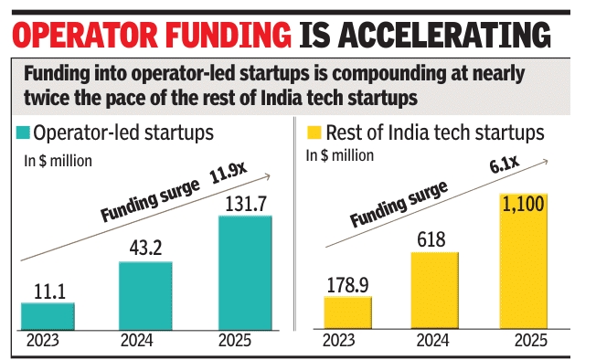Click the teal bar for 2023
(48, 316)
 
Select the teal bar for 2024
(145, 296)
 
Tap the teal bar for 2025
(245, 272)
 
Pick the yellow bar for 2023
(347, 312)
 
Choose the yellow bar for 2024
(434, 291)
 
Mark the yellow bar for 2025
(524, 261)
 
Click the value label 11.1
(49, 291)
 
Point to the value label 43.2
(145, 248)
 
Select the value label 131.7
(246, 204)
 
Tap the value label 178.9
(347, 285)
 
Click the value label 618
(431, 239)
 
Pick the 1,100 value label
(524, 205)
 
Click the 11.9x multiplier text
(228, 172)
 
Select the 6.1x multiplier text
(504, 164)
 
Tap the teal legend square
(23, 133)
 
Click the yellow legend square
(314, 132)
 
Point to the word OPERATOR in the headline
(85, 35)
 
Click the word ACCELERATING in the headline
(444, 35)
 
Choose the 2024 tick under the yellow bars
(433, 340)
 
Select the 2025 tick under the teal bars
(235, 340)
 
